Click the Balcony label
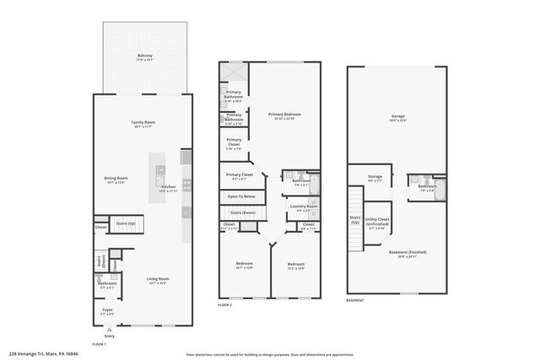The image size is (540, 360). (x=145, y=56)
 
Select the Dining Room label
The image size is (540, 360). (x=116, y=178)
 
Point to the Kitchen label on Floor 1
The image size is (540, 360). (x=169, y=186)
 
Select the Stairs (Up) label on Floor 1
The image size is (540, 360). (x=127, y=223)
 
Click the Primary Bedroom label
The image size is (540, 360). (x=284, y=115)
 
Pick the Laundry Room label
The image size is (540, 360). (x=303, y=206)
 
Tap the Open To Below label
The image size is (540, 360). (x=240, y=196)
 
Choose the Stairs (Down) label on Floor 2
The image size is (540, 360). (x=244, y=212)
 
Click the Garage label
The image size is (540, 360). (x=397, y=117)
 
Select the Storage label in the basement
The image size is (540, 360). (x=375, y=177)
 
